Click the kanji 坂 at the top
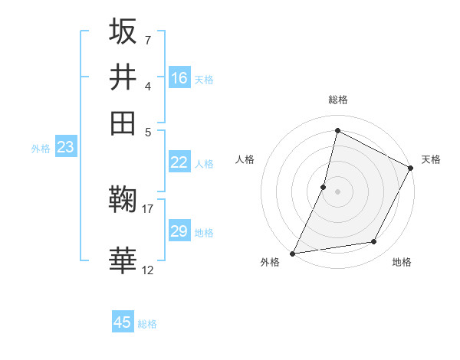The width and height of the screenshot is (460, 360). pyautogui.click(x=123, y=32)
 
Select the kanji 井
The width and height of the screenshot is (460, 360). pyautogui.click(x=123, y=77)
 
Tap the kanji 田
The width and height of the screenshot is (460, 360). pyautogui.click(x=123, y=123)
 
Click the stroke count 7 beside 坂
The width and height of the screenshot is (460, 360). pyautogui.click(x=147, y=39)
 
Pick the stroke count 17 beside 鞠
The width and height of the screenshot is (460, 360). pyautogui.click(x=148, y=208)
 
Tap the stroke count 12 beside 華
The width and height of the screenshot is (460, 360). pyautogui.click(x=148, y=270)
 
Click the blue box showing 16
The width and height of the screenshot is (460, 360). pyautogui.click(x=179, y=78)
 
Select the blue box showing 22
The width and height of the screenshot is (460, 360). pyautogui.click(x=179, y=162)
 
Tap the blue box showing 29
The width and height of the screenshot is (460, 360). pyautogui.click(x=179, y=231)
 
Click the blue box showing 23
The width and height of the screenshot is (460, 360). pyautogui.click(x=65, y=148)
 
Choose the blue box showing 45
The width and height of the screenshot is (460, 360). pyautogui.click(x=123, y=322)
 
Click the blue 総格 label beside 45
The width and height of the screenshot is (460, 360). pyautogui.click(x=147, y=324)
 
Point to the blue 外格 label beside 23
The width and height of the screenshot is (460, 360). pyautogui.click(x=41, y=149)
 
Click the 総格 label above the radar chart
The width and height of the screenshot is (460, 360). pyautogui.click(x=337, y=100)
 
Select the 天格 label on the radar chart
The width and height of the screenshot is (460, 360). pyautogui.click(x=431, y=159)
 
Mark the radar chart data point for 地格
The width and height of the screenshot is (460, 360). pyautogui.click(x=374, y=241)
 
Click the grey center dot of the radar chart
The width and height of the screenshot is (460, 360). pyautogui.click(x=337, y=191)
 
